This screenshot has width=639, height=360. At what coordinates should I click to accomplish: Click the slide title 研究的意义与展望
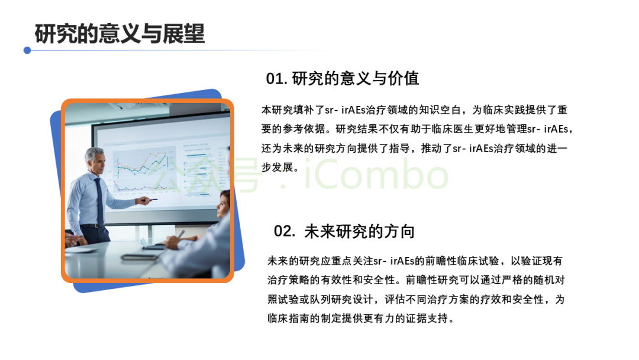[120, 33]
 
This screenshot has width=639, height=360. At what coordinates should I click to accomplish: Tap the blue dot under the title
[27, 50]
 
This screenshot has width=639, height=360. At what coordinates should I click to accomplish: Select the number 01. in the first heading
[277, 79]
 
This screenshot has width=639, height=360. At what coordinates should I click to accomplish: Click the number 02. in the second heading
[285, 231]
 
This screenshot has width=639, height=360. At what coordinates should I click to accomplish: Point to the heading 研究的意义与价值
[356, 78]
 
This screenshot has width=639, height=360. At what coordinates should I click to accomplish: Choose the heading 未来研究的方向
[360, 231]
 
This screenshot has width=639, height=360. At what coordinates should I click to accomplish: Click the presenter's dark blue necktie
[99, 202]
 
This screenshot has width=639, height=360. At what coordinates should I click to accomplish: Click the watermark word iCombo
[376, 175]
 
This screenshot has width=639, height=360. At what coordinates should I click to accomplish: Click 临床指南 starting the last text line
[289, 318]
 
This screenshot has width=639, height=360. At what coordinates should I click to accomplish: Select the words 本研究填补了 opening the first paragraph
[293, 110]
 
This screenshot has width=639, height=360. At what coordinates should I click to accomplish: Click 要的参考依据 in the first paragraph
[293, 129]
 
